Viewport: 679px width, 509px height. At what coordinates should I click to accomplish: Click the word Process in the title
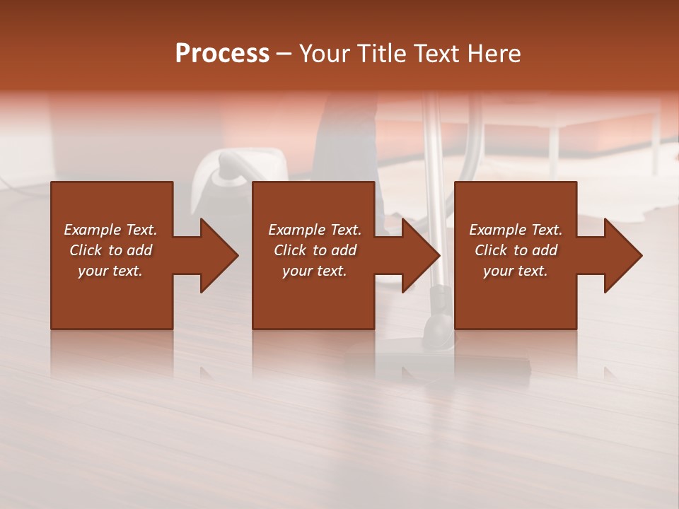click(x=222, y=54)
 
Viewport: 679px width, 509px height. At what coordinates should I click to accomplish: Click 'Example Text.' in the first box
click(x=110, y=230)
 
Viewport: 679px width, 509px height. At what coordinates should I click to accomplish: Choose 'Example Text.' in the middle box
click(x=314, y=230)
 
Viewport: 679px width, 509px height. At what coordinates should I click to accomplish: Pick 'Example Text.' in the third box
click(x=516, y=230)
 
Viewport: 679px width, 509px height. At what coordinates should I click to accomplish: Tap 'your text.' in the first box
click(x=110, y=271)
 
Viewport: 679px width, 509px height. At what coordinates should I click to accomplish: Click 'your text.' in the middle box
click(x=314, y=271)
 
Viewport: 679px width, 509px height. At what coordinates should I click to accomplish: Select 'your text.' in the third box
click(x=516, y=271)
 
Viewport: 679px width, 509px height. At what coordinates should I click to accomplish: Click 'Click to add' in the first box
click(x=110, y=250)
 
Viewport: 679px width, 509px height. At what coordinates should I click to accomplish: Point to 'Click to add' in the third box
click(x=516, y=250)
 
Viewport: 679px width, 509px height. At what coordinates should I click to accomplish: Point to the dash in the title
click(x=284, y=54)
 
